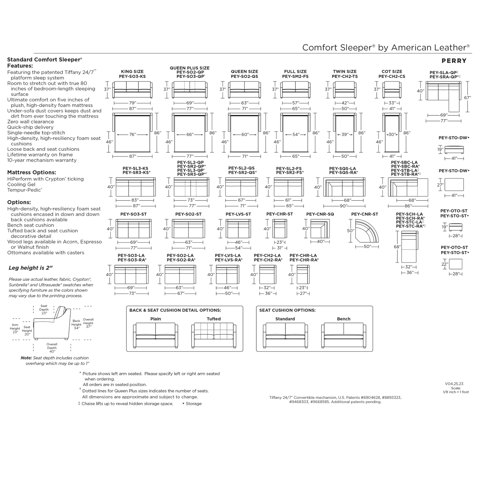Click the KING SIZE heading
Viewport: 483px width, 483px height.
coord(132,72)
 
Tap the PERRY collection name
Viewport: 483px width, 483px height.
coord(454,61)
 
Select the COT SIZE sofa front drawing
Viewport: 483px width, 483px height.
coord(392,90)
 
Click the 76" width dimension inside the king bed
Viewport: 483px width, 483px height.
coord(133,135)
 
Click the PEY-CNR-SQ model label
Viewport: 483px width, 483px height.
coord(320,214)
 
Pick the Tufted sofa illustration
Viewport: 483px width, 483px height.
coord(214,335)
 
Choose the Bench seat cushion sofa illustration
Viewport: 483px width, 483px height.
coord(343,335)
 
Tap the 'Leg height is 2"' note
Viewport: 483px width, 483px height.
coord(30,268)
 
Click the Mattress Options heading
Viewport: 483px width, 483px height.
coord(31,172)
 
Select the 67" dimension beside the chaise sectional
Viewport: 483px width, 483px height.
coord(467,98)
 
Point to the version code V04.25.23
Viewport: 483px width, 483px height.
coord(454,384)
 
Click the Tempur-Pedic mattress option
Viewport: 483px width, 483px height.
coord(24,190)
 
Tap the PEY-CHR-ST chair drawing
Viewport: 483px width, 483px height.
coord(280,229)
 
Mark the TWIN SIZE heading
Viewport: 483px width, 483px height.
coord(345,72)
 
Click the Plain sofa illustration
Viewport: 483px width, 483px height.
coord(155,335)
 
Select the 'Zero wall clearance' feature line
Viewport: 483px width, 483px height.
coord(30,122)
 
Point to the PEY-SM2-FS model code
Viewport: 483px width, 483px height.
coord(295,77)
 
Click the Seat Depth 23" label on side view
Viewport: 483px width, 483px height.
coord(44,309)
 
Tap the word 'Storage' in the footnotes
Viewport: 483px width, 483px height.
coord(194,403)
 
